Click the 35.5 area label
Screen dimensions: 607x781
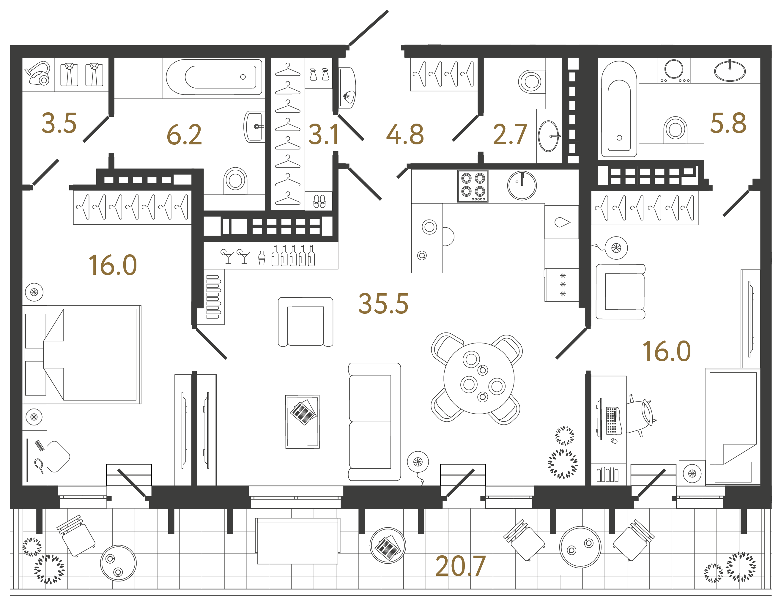pos(383,304)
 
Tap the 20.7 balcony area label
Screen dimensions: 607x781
pos(460,566)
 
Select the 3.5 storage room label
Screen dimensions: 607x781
pos(59,123)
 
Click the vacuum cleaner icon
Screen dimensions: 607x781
pos(38,74)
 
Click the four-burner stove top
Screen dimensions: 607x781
pos(473,186)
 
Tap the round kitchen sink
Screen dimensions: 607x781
pos(522,185)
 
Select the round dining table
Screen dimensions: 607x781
pos(479,378)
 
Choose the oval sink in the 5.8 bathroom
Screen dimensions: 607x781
pos(730,71)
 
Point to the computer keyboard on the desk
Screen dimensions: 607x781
pos(612,420)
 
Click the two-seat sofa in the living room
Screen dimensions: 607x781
pos(374,422)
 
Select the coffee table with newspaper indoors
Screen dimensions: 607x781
pos(302,422)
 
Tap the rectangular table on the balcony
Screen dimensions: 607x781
pos(297,541)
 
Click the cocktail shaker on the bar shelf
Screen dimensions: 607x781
pos(262,258)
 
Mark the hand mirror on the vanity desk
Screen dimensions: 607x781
pos(39,466)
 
